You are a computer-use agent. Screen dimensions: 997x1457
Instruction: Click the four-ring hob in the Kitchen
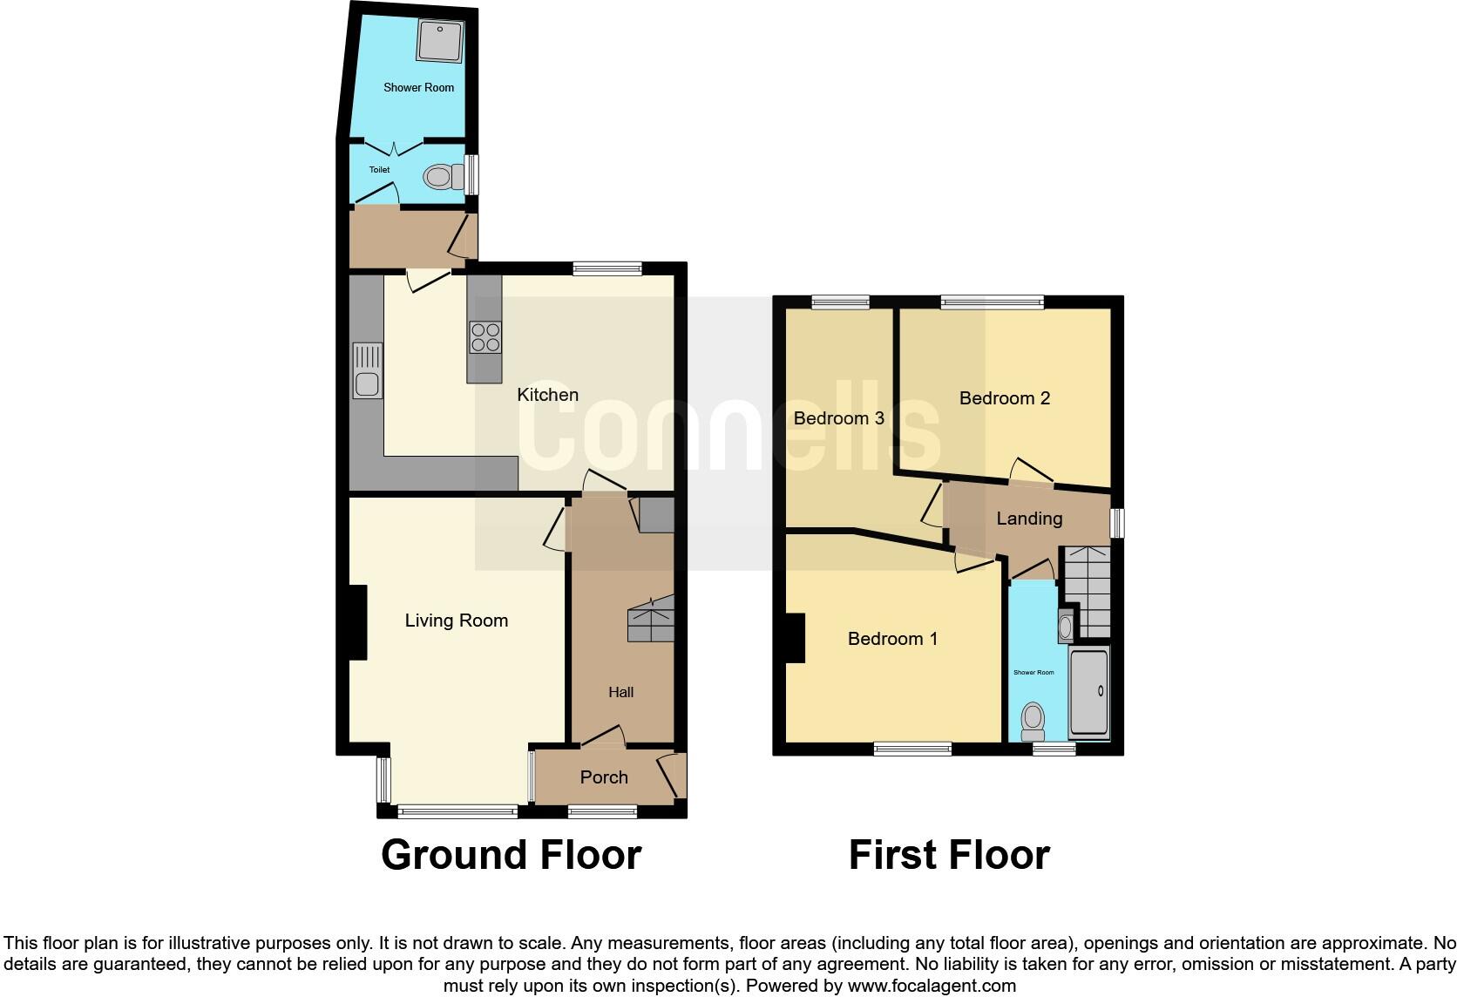pos(485,337)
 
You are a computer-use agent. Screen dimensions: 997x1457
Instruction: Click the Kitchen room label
pos(547,395)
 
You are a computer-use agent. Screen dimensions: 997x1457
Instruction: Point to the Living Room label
pos(456,621)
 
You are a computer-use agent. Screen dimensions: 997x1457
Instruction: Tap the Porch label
pos(603,777)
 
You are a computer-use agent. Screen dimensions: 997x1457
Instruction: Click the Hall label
pos(620,692)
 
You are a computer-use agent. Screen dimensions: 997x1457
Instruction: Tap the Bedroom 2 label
pos(1004,398)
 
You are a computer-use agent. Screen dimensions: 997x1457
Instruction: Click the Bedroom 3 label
pos(838,418)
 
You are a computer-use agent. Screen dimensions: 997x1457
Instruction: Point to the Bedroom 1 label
pos(892,639)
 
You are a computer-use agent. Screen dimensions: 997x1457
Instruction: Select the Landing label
pos(1029,519)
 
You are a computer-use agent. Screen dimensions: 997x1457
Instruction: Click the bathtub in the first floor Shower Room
pos(1088,693)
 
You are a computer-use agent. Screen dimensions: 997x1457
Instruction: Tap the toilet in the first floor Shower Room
pos(1033,718)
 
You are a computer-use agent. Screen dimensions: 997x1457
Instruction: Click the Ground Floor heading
pos(511,855)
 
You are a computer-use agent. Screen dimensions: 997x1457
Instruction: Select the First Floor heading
pos(949,855)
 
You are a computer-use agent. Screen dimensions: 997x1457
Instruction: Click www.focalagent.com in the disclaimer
pos(932,987)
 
